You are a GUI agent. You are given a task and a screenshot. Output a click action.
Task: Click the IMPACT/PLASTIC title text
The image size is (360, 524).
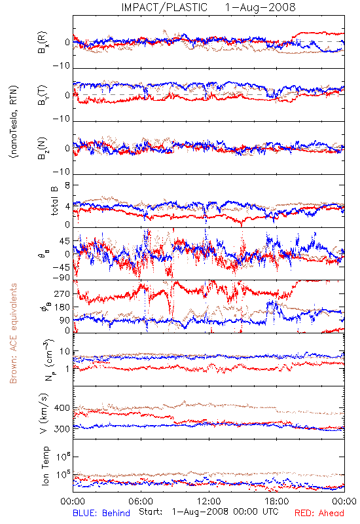[164, 7]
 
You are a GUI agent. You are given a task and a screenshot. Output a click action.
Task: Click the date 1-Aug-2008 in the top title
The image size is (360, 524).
[261, 7]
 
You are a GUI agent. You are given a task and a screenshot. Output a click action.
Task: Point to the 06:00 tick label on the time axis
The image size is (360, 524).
[141, 501]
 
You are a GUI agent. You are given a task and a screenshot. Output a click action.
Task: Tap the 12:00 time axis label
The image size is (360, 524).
[209, 501]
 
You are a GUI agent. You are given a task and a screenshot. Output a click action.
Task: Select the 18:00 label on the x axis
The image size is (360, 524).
[277, 501]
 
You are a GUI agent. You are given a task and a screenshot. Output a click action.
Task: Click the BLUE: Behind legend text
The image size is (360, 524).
[101, 513]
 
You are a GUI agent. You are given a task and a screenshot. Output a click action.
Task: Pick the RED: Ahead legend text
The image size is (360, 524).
[319, 513]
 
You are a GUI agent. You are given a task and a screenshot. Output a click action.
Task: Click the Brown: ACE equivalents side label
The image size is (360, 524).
[13, 333]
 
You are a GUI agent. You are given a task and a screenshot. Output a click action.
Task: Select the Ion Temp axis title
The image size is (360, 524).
[45, 466]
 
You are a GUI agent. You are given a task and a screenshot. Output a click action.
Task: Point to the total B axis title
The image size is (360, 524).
[54, 201]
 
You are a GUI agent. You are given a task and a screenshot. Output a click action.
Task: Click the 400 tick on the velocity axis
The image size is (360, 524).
[62, 408]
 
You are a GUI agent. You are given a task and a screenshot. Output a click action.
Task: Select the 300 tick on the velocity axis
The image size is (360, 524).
[62, 429]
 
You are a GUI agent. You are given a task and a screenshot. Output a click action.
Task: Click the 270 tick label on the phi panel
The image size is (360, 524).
[62, 293]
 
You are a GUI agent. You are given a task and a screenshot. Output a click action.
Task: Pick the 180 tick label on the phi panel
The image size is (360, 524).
[62, 307]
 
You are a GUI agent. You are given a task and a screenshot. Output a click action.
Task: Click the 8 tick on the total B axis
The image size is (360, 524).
[67, 185]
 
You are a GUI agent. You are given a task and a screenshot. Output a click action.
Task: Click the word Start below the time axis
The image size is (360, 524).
[151, 512]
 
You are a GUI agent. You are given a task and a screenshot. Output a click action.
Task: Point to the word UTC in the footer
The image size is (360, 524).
[270, 512]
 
